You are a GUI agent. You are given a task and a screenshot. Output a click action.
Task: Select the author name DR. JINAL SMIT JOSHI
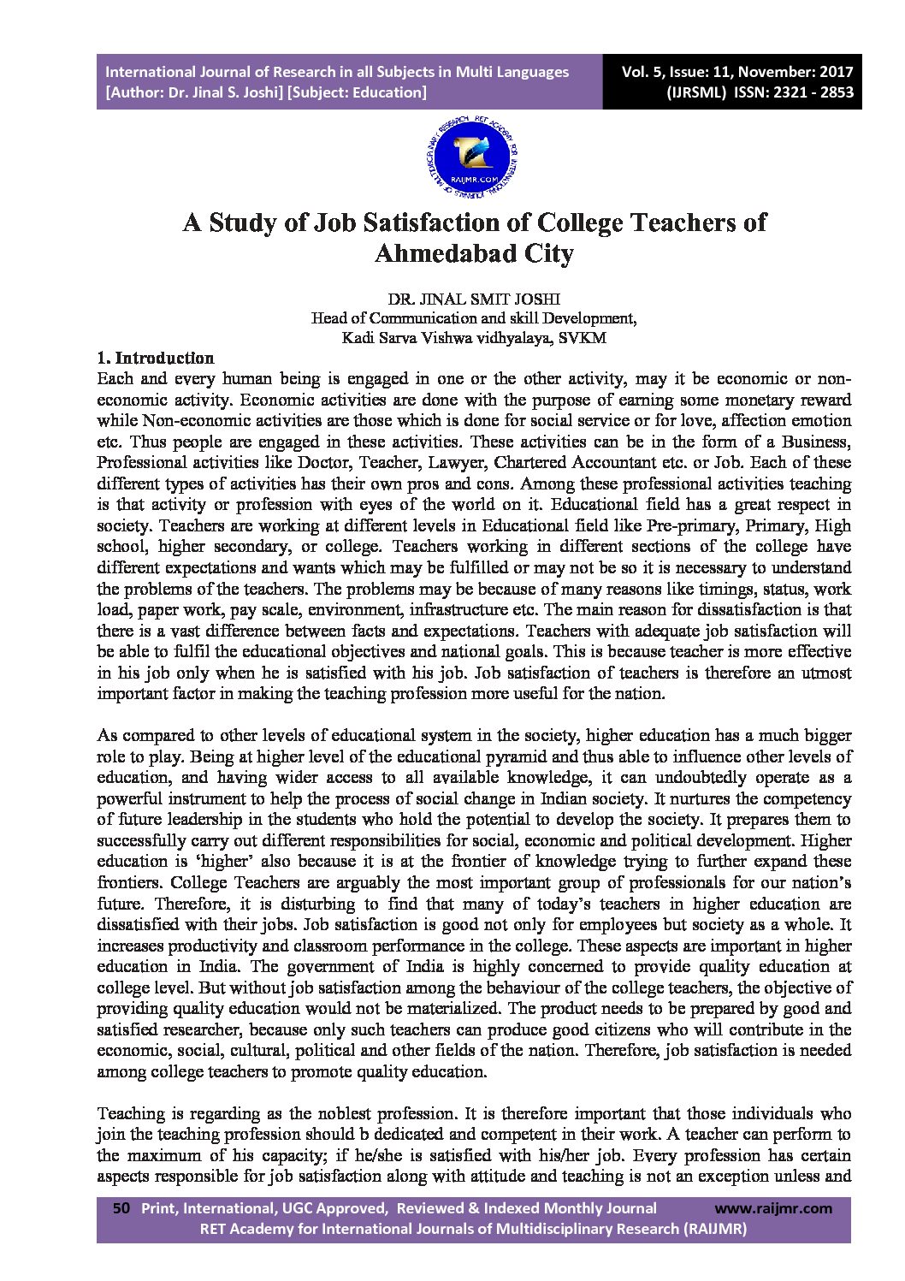(473, 299)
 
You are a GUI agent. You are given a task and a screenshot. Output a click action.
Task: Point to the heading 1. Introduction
(156, 358)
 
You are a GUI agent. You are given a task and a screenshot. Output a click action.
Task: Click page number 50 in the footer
(121, 1208)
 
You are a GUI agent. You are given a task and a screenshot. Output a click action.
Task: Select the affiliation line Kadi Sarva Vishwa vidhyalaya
(473, 337)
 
